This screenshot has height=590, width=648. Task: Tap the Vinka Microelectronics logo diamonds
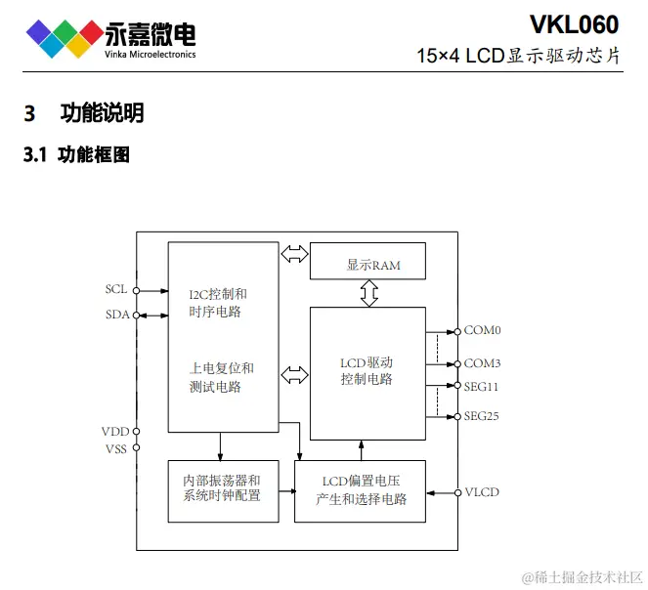(65, 36)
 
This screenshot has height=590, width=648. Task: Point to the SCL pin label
(116, 290)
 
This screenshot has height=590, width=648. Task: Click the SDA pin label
(116, 315)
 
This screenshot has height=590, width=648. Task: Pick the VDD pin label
(114, 431)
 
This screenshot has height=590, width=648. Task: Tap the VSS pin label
(115, 447)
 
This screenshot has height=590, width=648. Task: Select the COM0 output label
(482, 331)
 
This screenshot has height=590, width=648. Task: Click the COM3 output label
(482, 362)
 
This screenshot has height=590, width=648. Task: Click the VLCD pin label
(482, 491)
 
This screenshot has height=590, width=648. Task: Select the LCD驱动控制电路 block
(367, 372)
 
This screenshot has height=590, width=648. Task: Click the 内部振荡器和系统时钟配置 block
(222, 489)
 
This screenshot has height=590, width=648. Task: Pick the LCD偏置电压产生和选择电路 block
(361, 489)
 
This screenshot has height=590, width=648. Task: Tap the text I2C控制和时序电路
(217, 303)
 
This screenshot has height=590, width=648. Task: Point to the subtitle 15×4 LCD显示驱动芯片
(518, 56)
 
